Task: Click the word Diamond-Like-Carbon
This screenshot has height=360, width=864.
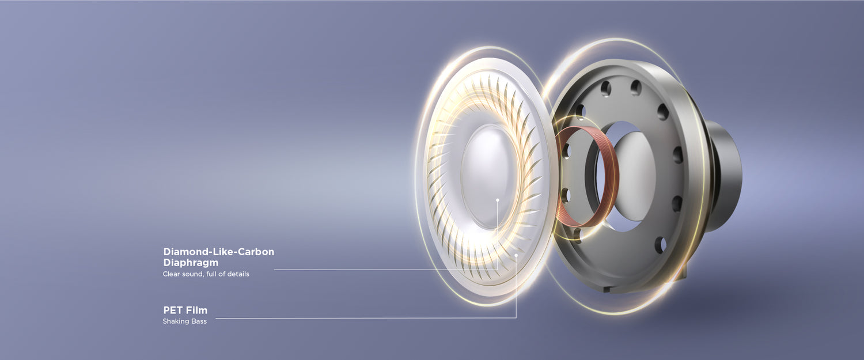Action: click(219, 252)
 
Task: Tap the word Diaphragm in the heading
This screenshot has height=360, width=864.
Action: click(191, 263)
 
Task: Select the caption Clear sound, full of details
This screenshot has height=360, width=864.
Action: click(206, 274)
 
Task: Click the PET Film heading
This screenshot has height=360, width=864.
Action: click(185, 310)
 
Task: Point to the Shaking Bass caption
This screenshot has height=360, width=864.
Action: click(185, 321)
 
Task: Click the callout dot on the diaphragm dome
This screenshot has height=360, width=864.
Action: click(498, 200)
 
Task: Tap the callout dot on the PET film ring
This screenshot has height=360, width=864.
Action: click(516, 255)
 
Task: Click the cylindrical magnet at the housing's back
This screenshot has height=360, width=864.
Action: click(725, 176)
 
